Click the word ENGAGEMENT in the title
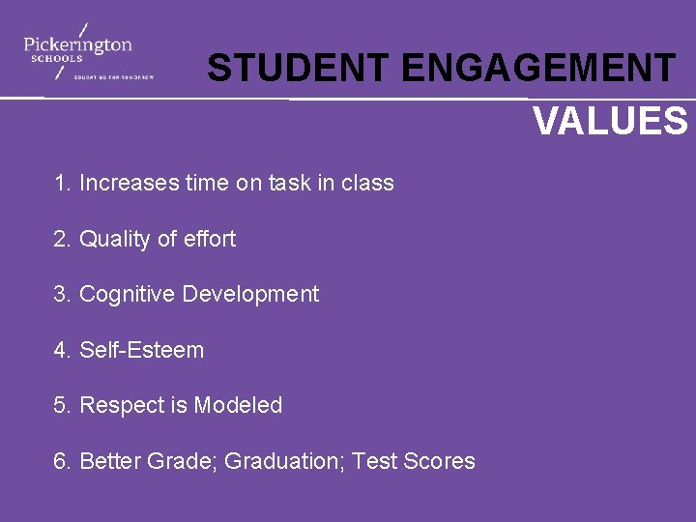coord(538,69)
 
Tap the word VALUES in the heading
coord(610,122)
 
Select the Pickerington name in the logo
coord(77,43)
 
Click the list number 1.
coord(61,183)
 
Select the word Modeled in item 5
coord(238,406)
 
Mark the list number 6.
coord(62,462)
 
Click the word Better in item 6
coord(109,462)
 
